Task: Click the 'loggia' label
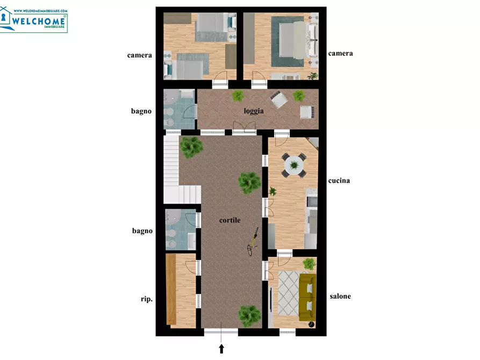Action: pos(253,112)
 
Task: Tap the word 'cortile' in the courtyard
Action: pos(230,220)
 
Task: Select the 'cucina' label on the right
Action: pos(339,181)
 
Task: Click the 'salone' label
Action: pos(340,296)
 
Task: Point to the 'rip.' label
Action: pos(146,299)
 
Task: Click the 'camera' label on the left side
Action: pos(139,55)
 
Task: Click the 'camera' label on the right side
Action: pos(340,53)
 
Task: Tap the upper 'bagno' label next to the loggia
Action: pos(141,111)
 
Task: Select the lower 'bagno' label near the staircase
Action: pos(142,231)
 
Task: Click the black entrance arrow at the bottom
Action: pos(221,349)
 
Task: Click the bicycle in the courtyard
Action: pos(253,241)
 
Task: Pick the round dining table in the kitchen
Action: pos(293,164)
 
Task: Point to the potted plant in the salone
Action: pos(309,264)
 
